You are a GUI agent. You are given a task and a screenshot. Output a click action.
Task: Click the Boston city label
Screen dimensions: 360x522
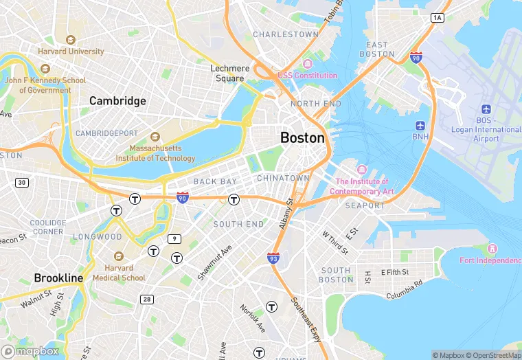point(302,138)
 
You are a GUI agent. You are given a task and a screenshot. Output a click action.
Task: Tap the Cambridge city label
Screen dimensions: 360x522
point(117,101)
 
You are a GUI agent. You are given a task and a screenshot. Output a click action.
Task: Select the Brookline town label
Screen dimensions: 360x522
point(58,278)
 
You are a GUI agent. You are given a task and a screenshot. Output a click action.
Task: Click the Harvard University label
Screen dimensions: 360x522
point(71,52)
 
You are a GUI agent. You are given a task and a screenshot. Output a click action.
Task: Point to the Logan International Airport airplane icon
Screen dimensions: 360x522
point(486,109)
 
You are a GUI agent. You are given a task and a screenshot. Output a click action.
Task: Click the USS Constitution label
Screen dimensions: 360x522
point(307,75)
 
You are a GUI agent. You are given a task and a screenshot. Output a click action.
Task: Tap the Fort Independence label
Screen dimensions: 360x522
point(490,260)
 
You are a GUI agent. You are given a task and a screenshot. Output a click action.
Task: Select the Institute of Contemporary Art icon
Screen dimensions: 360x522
point(361,170)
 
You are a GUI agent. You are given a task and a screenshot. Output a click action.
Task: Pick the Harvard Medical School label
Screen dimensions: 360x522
point(125,273)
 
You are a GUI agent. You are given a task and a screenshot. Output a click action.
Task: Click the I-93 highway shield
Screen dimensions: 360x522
point(273,258)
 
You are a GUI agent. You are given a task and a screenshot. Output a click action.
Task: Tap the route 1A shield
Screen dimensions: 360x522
point(438,17)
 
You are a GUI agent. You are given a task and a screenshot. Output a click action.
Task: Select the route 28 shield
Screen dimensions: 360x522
point(146,299)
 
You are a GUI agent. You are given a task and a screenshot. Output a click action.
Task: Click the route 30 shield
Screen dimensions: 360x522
point(23,182)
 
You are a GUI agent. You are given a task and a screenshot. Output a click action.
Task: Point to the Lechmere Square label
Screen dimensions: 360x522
point(227,74)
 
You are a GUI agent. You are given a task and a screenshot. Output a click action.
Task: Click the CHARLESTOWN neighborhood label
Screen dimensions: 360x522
point(286,34)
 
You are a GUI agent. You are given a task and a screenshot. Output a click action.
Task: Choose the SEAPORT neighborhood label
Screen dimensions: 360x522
point(365,205)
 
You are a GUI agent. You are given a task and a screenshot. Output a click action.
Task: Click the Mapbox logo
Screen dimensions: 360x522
point(30,351)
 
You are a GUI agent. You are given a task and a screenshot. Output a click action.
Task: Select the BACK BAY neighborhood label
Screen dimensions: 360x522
point(215,181)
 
